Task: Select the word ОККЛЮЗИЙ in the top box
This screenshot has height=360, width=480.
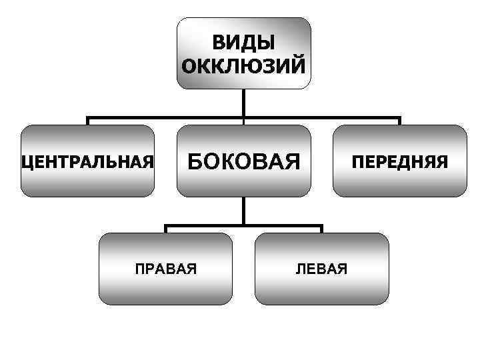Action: click(x=243, y=66)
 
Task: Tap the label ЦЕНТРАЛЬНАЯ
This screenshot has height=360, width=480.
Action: click(x=88, y=161)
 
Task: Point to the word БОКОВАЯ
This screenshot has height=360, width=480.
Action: click(x=243, y=161)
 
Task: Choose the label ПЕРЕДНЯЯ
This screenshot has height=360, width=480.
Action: click(x=400, y=161)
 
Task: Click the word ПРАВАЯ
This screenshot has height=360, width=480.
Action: click(x=165, y=269)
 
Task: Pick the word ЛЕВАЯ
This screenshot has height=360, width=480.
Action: click(x=322, y=269)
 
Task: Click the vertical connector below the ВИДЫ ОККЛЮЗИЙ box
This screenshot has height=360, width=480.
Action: click(x=243, y=104)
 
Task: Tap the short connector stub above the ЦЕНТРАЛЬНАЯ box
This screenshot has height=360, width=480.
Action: click(x=88, y=121)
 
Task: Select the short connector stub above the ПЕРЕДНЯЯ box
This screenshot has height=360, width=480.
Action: click(x=399, y=121)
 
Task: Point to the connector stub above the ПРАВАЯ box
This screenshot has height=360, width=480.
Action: click(x=165, y=229)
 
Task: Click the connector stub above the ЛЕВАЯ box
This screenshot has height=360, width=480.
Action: click(x=322, y=229)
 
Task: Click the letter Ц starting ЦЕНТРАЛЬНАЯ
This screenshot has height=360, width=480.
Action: click(x=27, y=162)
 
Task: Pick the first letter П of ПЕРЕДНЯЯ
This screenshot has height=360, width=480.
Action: click(x=358, y=161)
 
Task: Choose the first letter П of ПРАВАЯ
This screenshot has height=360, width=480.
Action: click(x=139, y=269)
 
